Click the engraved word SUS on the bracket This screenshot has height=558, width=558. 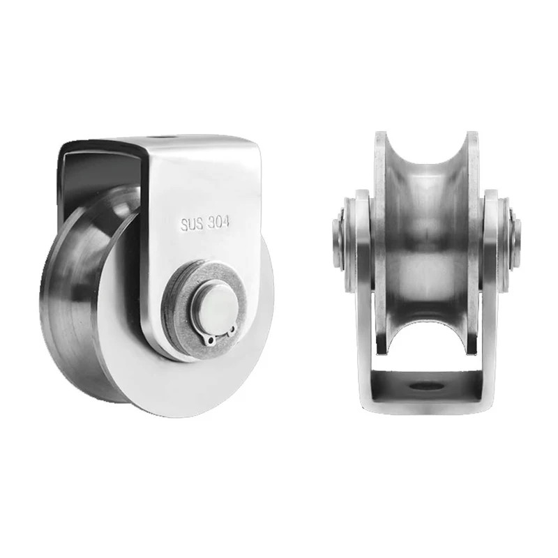click(x=190, y=224)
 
